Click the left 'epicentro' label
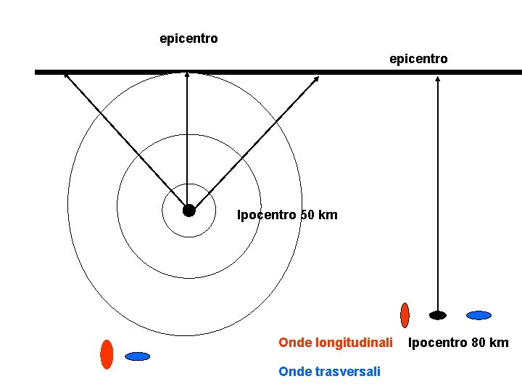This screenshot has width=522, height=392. click(188, 38)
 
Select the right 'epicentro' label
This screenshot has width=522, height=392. click(418, 58)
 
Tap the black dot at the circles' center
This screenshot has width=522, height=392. click(188, 211)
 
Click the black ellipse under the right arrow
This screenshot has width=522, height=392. click(438, 315)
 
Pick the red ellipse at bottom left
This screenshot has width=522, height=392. click(107, 354)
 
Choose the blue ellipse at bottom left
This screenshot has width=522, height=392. click(137, 356)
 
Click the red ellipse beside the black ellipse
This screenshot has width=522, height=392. click(405, 315)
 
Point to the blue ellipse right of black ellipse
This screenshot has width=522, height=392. click(478, 315)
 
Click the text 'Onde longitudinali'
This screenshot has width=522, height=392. click(336, 342)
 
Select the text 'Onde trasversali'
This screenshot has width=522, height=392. click(329, 372)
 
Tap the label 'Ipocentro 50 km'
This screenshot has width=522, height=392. click(287, 215)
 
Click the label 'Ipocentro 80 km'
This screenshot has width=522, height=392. click(458, 343)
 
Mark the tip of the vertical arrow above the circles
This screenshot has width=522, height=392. click(187, 73)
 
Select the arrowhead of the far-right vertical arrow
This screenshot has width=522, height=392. click(437, 78)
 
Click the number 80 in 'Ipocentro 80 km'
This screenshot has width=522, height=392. click(478, 343)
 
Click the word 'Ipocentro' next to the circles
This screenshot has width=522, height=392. click(267, 215)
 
